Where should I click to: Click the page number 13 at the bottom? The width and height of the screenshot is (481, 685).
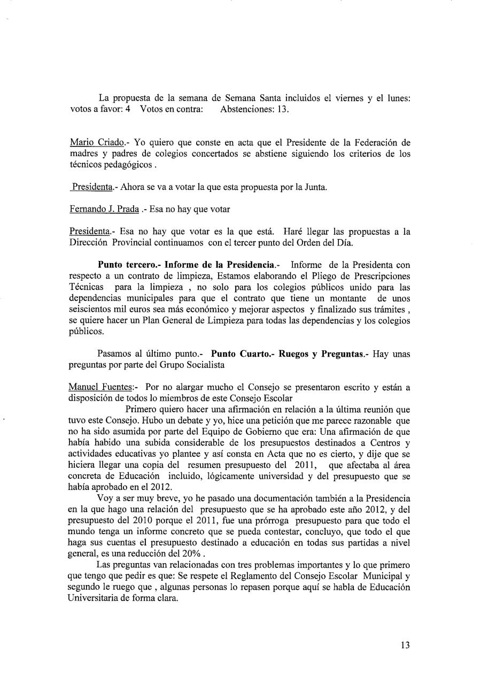tap(405, 645)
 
